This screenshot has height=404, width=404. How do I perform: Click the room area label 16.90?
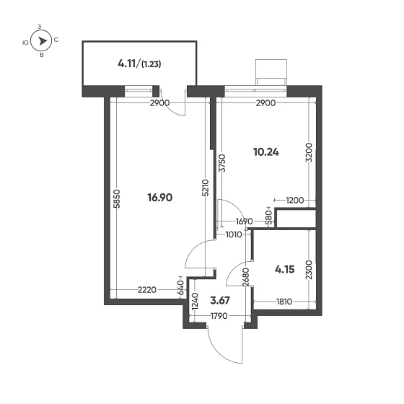click(159, 198)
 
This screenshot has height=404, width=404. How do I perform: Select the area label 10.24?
click(266, 152)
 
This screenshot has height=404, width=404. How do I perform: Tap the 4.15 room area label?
click(285, 270)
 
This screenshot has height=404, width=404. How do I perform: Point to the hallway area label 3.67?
click(220, 300)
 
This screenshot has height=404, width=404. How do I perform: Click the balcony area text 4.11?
click(127, 63)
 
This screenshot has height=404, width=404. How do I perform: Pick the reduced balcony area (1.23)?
click(151, 64)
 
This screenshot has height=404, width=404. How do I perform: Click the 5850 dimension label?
click(117, 198)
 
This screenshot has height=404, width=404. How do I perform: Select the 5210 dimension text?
click(206, 188)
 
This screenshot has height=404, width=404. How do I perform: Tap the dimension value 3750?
click(223, 163)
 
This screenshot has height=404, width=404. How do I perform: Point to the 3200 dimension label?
click(309, 152)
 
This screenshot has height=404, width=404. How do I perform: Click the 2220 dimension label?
click(147, 290)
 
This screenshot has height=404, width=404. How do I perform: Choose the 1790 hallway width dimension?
click(219, 316)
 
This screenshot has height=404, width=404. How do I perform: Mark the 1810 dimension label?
click(284, 302)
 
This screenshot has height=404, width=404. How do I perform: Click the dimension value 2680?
click(246, 277)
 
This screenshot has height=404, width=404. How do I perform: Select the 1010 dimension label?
click(234, 234)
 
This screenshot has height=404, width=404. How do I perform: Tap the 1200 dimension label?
click(295, 200)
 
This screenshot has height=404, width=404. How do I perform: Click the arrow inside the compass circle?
click(43, 41)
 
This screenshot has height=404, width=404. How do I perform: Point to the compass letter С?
click(56, 40)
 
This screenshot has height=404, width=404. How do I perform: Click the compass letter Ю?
click(25, 43)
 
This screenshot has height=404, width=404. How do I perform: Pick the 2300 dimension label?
click(309, 270)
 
